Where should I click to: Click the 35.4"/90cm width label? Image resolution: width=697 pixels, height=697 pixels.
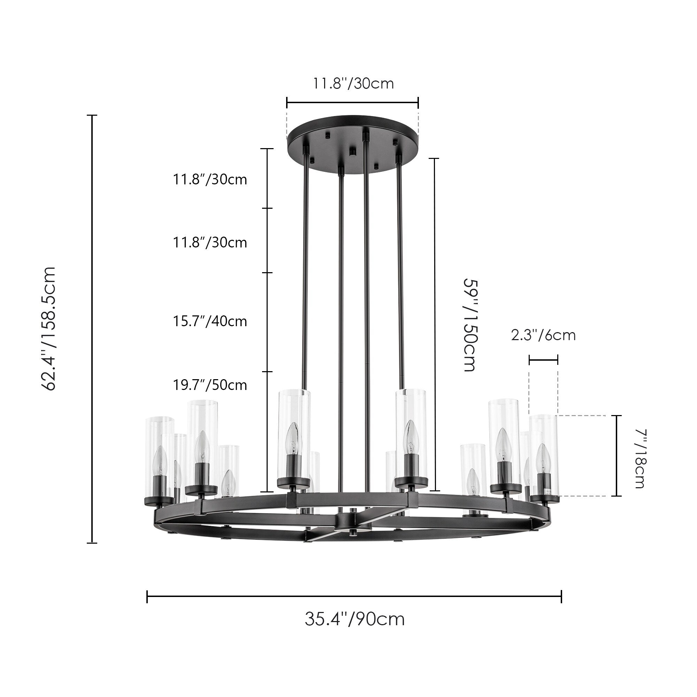(354, 619)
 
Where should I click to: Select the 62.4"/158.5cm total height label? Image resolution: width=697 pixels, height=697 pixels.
(49, 329)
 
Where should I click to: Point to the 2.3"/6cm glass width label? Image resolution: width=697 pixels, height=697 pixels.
(543, 336)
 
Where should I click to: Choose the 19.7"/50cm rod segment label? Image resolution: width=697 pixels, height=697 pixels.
(210, 385)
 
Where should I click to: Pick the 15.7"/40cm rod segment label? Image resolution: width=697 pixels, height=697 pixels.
(210, 321)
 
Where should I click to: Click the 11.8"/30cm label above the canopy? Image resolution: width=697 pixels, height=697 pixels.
(353, 84)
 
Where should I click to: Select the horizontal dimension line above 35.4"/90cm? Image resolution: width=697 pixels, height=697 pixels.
(354, 596)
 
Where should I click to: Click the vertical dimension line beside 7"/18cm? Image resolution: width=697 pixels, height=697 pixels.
(616, 455)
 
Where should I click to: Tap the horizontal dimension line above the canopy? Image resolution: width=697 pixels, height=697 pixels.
(352, 102)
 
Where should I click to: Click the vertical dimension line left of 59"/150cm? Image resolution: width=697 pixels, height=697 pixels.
(434, 325)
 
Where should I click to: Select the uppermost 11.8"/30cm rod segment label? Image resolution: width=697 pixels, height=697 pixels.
(210, 179)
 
